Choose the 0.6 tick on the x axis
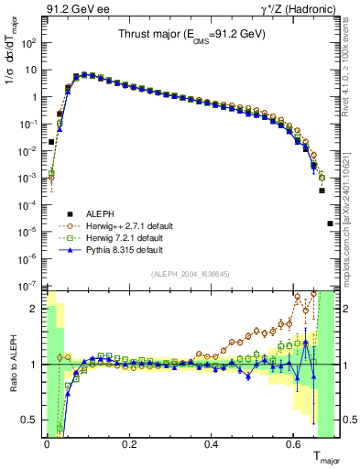294,442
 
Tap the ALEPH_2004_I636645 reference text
191,275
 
